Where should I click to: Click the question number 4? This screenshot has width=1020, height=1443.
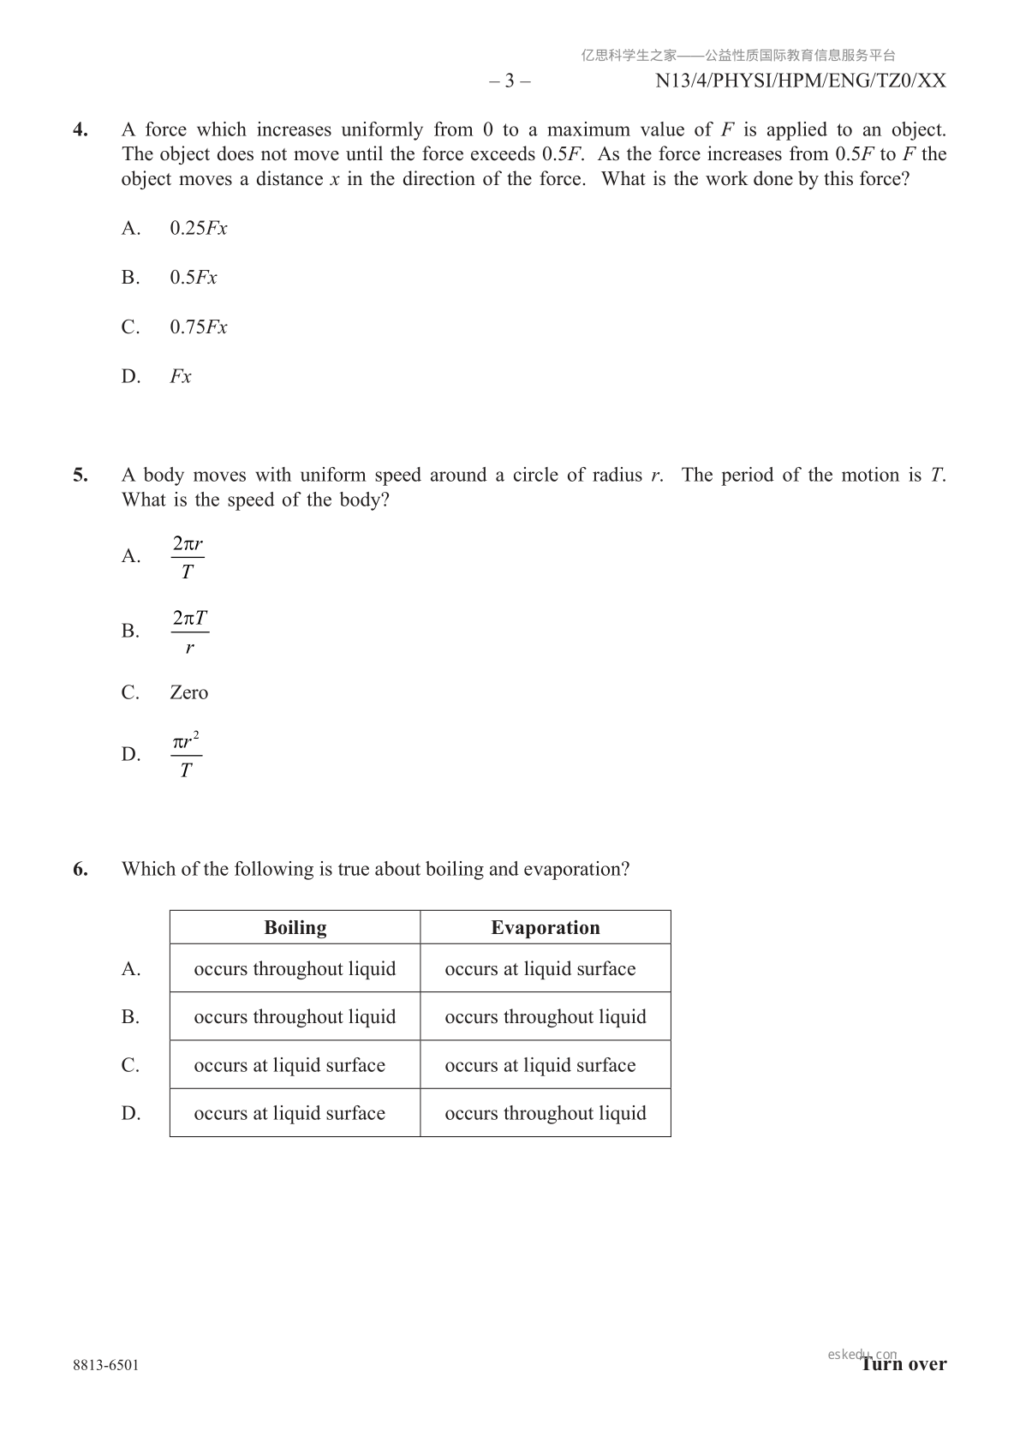tap(81, 130)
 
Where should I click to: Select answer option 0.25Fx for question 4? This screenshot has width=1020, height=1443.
tap(198, 228)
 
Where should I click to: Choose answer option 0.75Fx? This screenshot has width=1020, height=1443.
tap(198, 327)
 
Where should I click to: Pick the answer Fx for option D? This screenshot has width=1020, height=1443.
tap(181, 377)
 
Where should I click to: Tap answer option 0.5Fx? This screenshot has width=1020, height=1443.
tap(194, 278)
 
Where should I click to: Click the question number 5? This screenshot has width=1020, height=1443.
tap(81, 476)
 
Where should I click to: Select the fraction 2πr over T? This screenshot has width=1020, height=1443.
tap(188, 557)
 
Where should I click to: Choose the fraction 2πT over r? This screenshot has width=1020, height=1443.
tap(189, 632)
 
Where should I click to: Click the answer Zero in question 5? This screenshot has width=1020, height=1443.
tap(188, 692)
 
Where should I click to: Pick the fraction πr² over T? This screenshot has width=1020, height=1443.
tap(186, 755)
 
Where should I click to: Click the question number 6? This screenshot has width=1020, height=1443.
tap(81, 869)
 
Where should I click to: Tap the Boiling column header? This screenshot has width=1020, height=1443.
tap(295, 927)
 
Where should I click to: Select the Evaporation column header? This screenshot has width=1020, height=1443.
tap(546, 927)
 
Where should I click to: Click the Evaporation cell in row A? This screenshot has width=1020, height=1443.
tap(540, 969)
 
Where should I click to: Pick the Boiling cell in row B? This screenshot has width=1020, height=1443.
tap(295, 1017)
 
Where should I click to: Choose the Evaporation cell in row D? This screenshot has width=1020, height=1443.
tap(546, 1113)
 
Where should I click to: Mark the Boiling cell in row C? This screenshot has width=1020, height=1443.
tap(289, 1065)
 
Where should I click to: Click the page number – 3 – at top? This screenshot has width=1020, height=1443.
tap(510, 81)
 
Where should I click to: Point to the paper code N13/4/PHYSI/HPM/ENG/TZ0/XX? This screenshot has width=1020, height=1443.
tap(801, 81)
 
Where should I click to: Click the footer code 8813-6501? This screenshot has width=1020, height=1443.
tap(105, 1365)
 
